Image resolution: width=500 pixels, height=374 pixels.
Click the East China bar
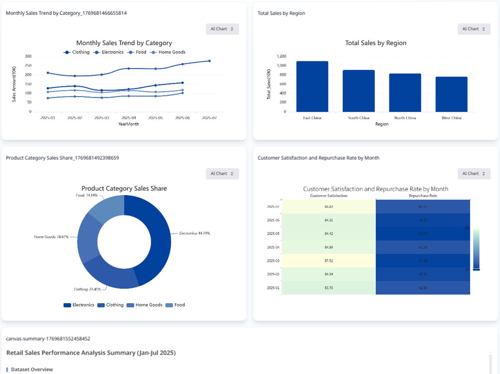click(x=312, y=86)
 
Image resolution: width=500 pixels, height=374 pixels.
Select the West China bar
click(x=451, y=94)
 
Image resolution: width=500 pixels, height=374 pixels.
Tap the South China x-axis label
click(x=359, y=118)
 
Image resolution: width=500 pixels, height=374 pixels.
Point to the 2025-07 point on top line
click(x=209, y=61)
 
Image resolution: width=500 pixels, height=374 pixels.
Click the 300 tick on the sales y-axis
click(x=28, y=56)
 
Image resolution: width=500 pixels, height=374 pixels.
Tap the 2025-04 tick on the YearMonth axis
click(x=129, y=118)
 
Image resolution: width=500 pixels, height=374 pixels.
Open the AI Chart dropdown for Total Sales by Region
click(x=474, y=29)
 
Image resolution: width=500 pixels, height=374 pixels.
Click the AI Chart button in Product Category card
click(x=222, y=174)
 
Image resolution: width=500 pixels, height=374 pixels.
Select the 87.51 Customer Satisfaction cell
click(x=328, y=261)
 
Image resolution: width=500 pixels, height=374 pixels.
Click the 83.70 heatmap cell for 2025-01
click(x=328, y=288)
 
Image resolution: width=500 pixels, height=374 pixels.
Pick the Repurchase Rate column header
click(x=423, y=196)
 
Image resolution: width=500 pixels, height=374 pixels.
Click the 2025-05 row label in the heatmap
click(x=273, y=234)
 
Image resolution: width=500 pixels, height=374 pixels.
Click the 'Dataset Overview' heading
click(x=32, y=370)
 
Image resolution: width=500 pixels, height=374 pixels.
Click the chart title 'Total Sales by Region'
click(x=376, y=43)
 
